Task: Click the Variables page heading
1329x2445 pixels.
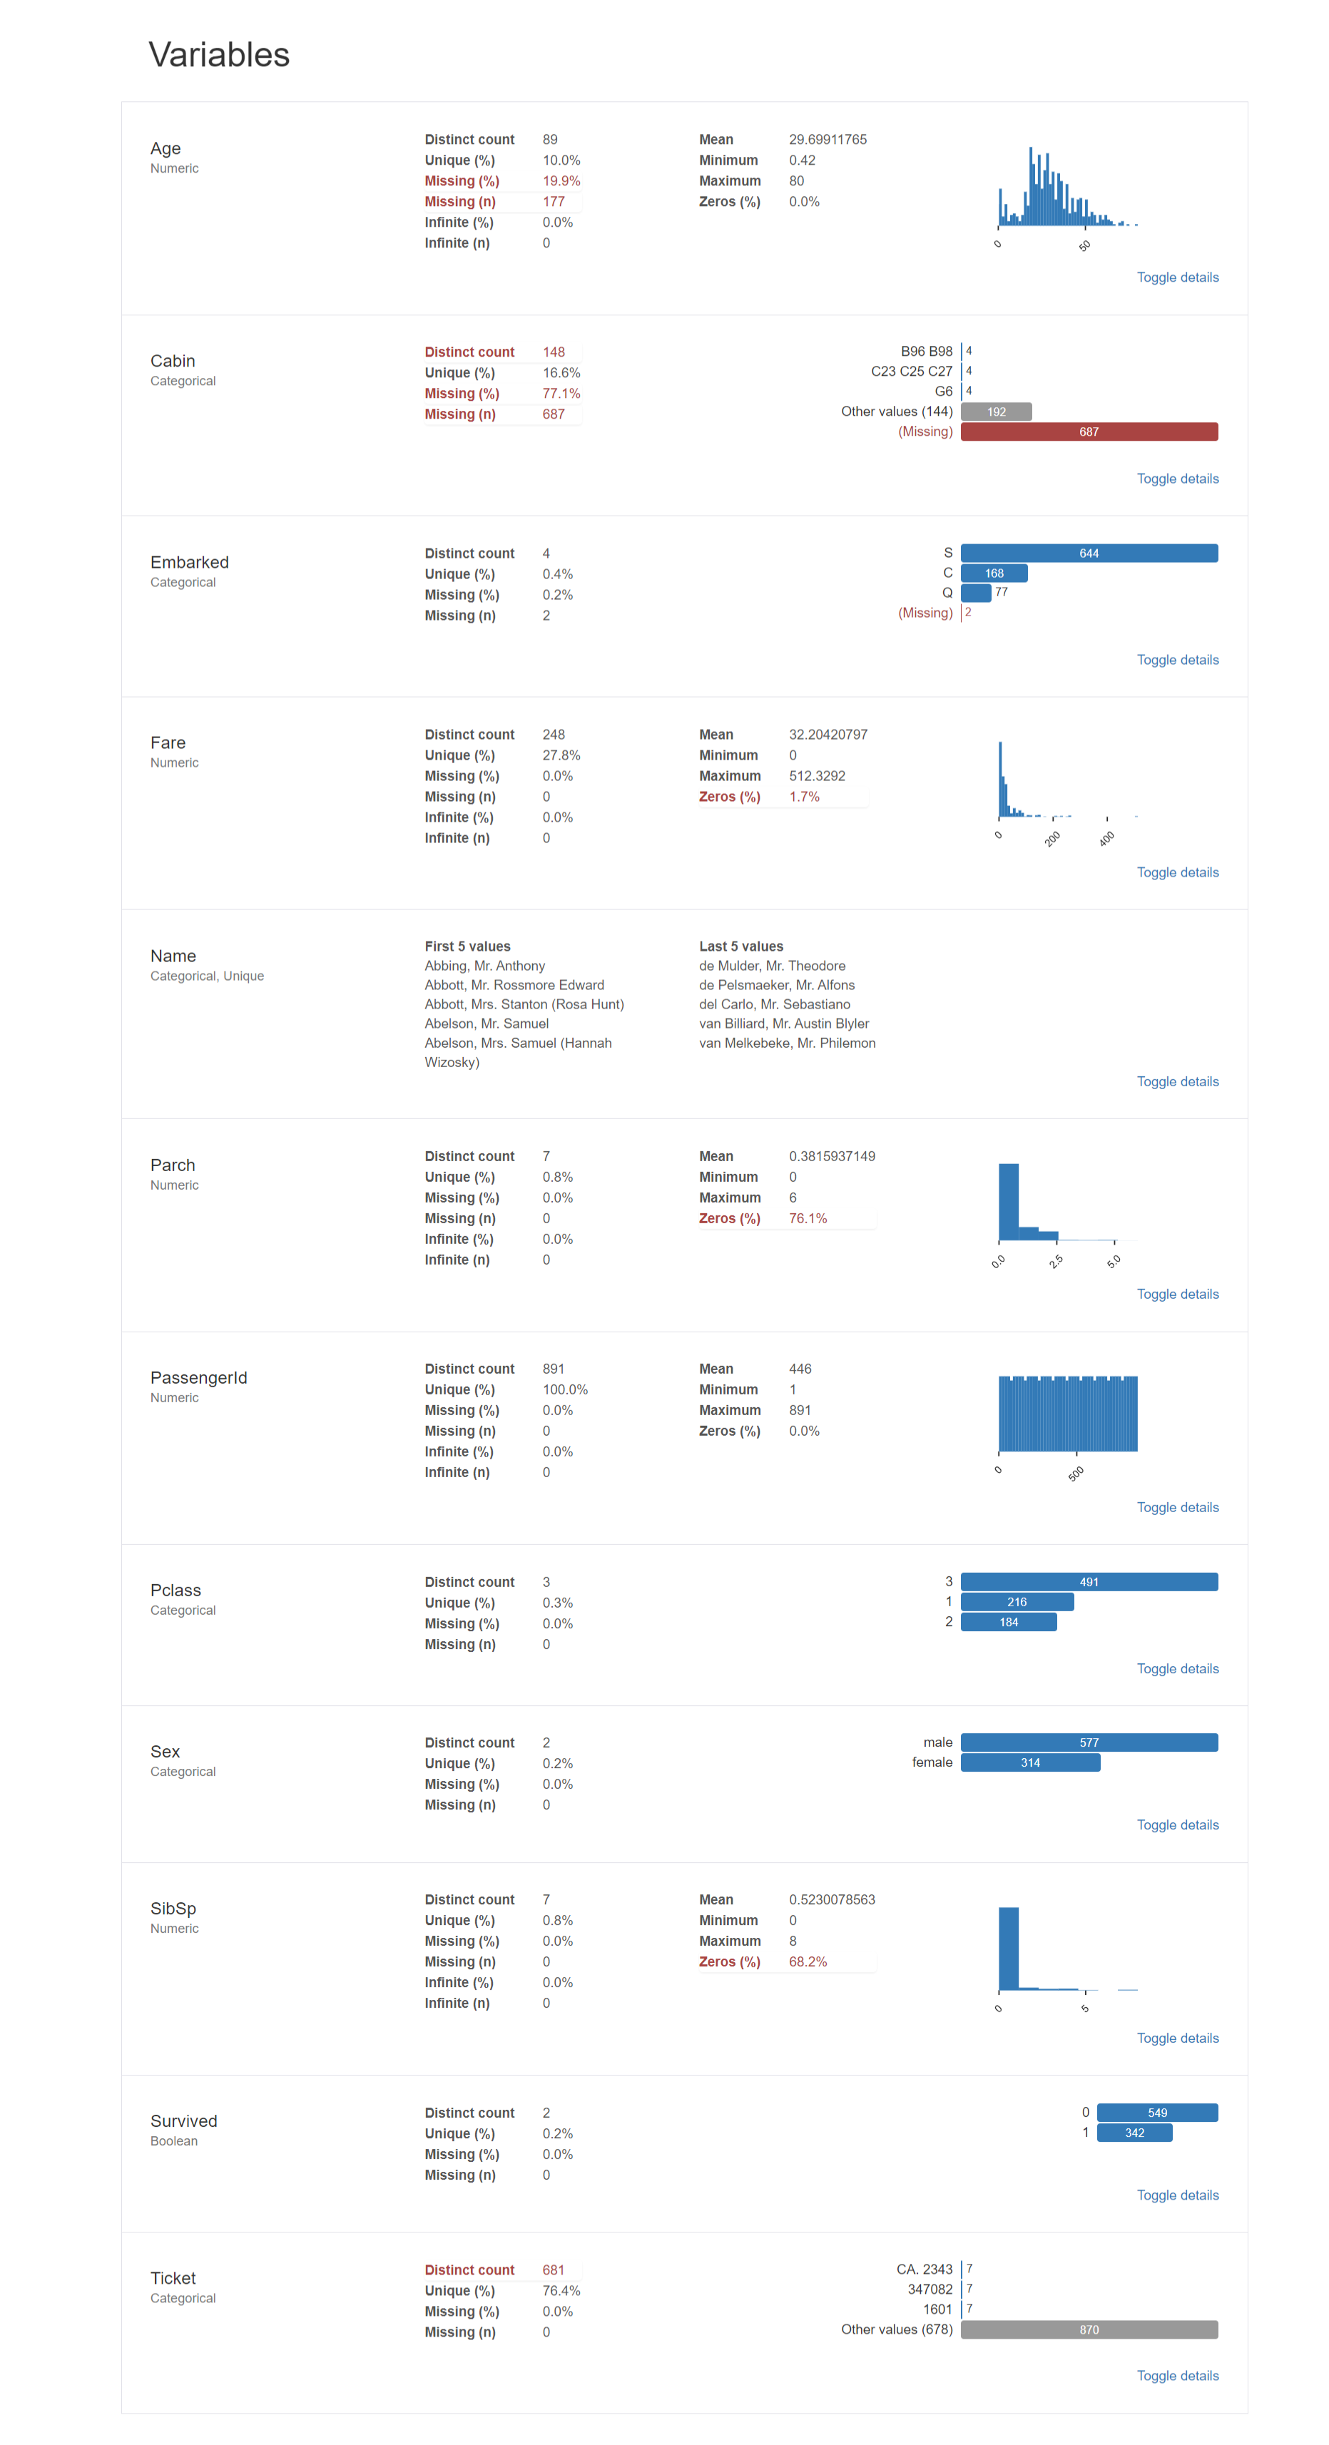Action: point(219,55)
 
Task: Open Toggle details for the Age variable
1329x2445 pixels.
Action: point(1177,277)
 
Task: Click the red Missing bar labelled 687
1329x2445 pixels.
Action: point(1089,432)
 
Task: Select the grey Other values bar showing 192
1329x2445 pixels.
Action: point(996,412)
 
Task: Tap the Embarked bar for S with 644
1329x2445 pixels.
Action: point(1089,553)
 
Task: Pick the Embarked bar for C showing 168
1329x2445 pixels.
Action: point(994,573)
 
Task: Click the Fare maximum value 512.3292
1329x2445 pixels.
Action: point(816,775)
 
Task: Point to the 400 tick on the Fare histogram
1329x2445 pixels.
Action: point(1107,838)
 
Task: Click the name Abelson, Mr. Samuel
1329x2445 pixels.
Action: point(486,1024)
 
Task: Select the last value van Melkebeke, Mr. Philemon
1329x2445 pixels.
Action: point(787,1043)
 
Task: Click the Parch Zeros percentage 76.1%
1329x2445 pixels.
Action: point(807,1219)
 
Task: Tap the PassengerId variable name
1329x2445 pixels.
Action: point(198,1377)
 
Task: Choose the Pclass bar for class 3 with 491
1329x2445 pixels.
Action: point(1089,1582)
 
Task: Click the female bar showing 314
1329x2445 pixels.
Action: point(1030,1762)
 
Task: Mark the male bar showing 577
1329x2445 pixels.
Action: point(1089,1742)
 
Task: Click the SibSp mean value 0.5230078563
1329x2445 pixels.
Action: point(832,1899)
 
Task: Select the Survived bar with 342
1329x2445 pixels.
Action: point(1134,2133)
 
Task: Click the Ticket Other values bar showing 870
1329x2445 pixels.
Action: point(1089,2330)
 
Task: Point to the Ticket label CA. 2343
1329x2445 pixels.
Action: point(924,2270)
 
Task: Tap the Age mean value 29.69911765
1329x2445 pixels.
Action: point(828,140)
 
